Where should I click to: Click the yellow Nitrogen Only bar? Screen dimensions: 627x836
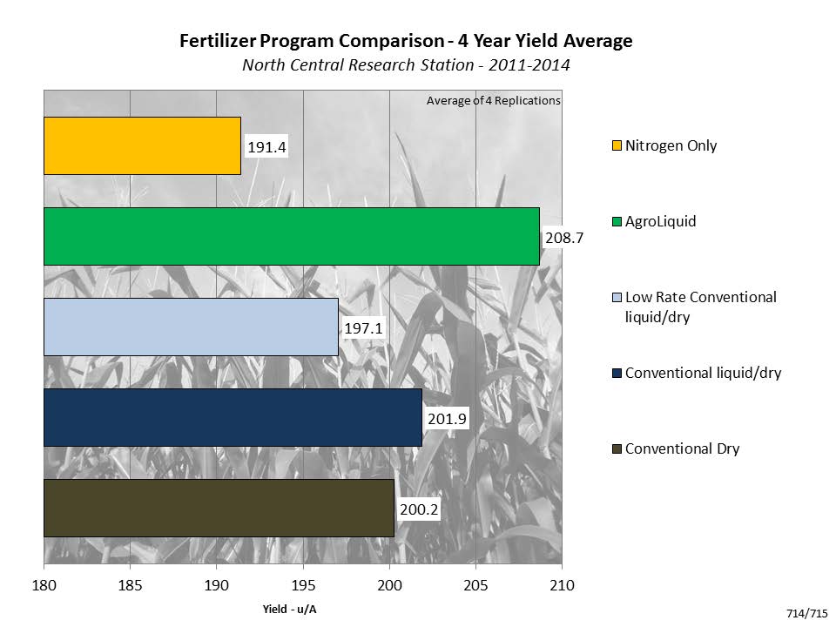tap(142, 145)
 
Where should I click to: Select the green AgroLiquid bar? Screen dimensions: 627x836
tap(292, 236)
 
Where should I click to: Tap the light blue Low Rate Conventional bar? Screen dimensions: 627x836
tap(191, 327)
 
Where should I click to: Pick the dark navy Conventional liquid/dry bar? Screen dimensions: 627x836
tap(233, 417)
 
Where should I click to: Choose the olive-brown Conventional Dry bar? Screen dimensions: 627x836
tap(219, 508)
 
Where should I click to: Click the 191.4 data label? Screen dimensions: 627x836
tap(266, 147)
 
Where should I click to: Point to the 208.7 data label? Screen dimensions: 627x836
tap(563, 236)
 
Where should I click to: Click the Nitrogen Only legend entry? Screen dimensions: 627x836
tap(671, 145)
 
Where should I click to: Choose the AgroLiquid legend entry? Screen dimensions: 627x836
tap(660, 221)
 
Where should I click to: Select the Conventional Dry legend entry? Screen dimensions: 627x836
tap(682, 448)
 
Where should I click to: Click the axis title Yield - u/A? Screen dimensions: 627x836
tap(289, 609)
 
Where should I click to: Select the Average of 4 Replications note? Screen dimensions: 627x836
tap(493, 100)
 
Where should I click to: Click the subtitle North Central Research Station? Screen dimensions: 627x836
tap(405, 64)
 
